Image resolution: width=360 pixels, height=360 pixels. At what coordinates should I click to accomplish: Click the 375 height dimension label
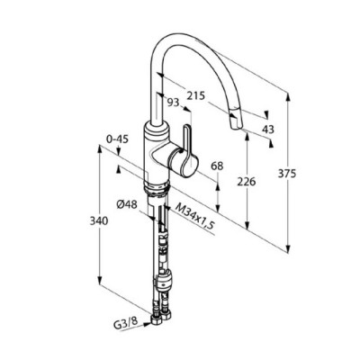(287, 174)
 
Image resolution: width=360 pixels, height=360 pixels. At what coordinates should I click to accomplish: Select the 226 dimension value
(247, 182)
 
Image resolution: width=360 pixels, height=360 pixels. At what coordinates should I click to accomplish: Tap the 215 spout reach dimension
(196, 96)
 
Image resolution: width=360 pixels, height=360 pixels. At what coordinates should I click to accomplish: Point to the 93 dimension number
(173, 103)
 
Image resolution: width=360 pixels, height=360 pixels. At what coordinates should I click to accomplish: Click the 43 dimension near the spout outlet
(268, 130)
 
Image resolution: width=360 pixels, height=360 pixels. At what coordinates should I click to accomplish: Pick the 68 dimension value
(217, 166)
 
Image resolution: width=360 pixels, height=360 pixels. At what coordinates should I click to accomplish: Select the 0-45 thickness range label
(118, 139)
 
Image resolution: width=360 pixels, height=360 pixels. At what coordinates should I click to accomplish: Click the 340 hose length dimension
(99, 221)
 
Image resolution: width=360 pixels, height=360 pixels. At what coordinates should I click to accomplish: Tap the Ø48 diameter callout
(127, 205)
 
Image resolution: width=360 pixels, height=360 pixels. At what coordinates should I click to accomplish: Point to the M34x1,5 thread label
(196, 217)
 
